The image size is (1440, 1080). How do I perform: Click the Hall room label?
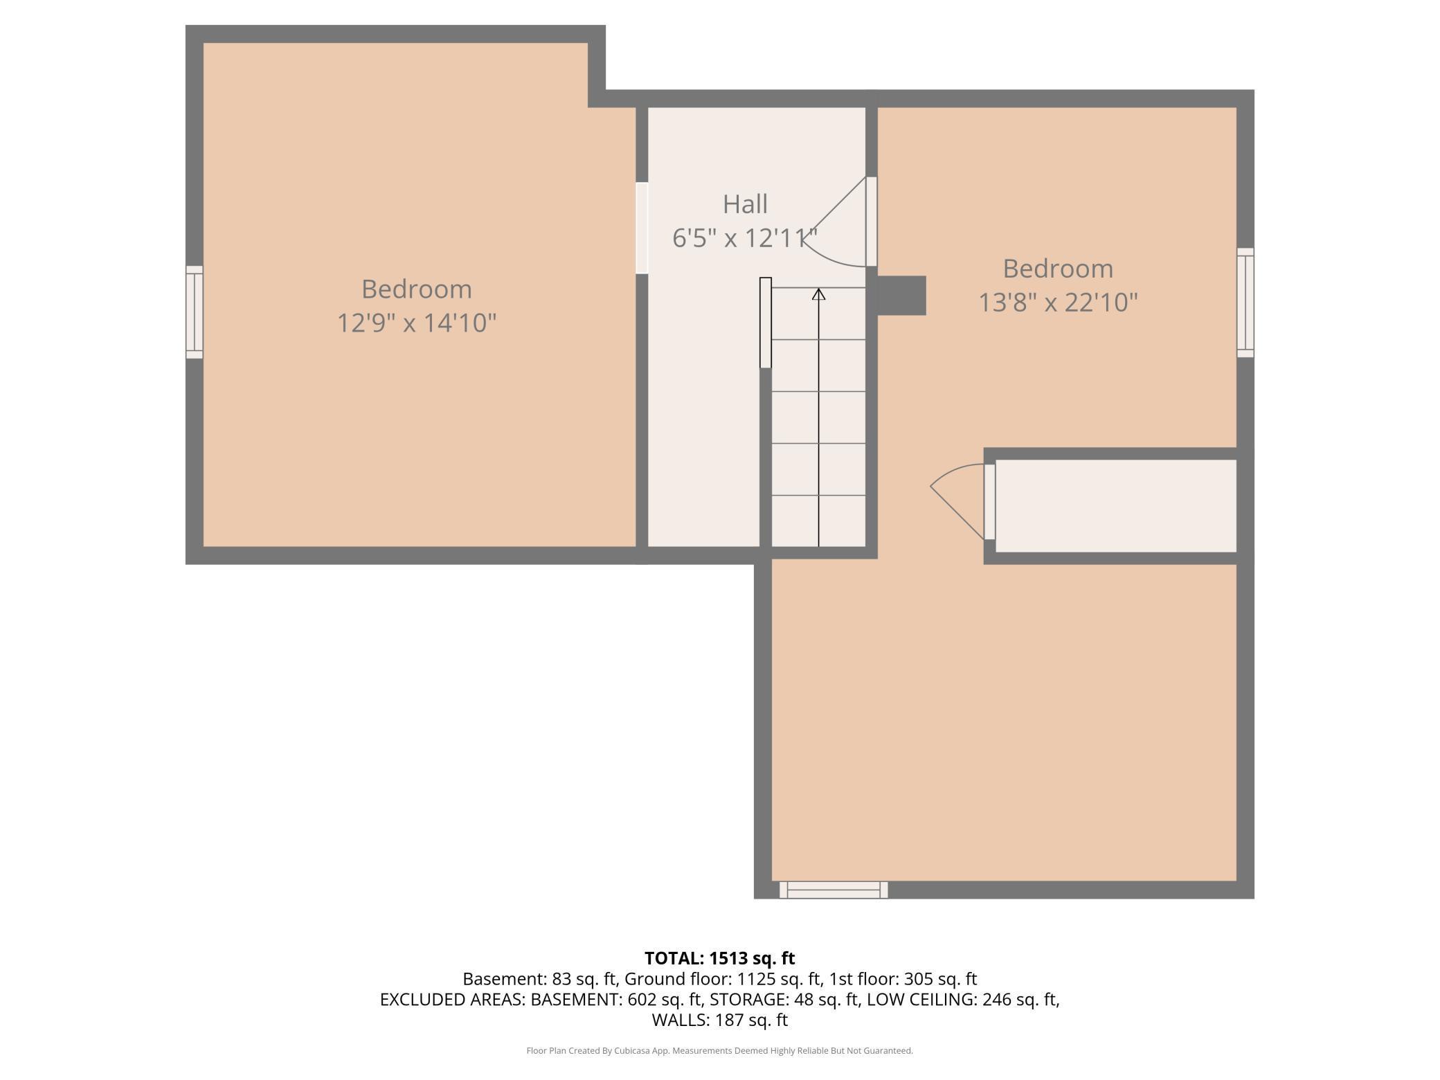pyautogui.click(x=745, y=204)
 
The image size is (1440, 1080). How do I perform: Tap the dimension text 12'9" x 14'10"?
pyautogui.click(x=417, y=323)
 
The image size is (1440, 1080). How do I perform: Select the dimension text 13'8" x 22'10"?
pyautogui.click(x=1058, y=303)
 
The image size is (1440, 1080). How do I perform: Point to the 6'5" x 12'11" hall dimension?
pyautogui.click(x=745, y=238)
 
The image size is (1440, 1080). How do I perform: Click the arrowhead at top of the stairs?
pyautogui.click(x=819, y=294)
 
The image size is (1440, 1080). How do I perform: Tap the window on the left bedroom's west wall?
pyautogui.click(x=195, y=312)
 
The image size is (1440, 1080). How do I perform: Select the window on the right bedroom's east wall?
pyautogui.click(x=1245, y=303)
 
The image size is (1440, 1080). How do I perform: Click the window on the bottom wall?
pyautogui.click(x=834, y=890)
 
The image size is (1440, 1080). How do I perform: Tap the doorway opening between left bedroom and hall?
pyautogui.click(x=642, y=228)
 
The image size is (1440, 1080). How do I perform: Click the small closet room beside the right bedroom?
pyautogui.click(x=1116, y=506)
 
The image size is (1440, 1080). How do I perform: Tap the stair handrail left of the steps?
pyautogui.click(x=766, y=323)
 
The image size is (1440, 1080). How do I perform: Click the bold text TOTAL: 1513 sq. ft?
pyautogui.click(x=720, y=958)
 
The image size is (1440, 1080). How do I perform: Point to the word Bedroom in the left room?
pyautogui.click(x=417, y=289)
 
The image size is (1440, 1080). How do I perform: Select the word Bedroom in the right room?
pyautogui.click(x=1058, y=269)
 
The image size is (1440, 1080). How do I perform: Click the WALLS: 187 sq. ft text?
pyautogui.click(x=720, y=1020)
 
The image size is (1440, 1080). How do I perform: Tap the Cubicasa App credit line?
pyautogui.click(x=720, y=1051)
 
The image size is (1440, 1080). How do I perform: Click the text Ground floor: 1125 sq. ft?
pyautogui.click(x=722, y=979)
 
